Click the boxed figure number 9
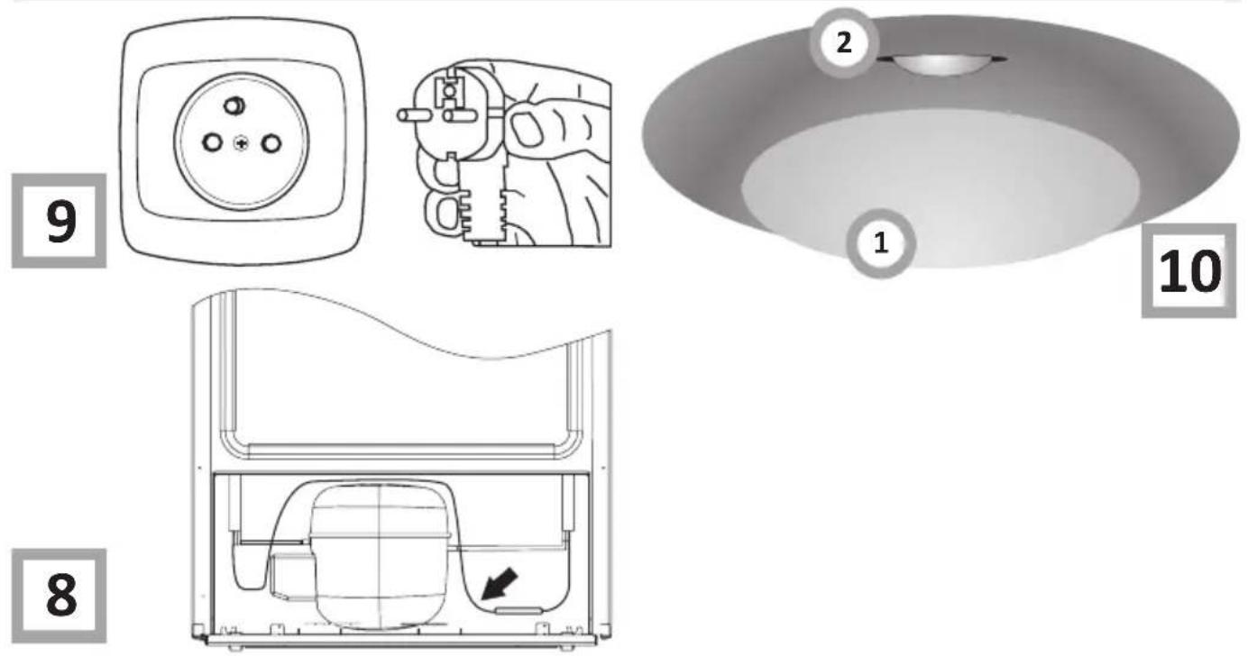pos(59,221)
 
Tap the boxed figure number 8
pos(59,596)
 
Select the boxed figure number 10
pos(1189,270)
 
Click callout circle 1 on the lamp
pos(880,243)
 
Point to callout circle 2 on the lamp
pos(843,42)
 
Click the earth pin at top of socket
pos(234,105)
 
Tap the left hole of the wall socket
pos(212,142)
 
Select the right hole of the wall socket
pos(271,143)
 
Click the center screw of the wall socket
pos(241,144)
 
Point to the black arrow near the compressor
pos(500,585)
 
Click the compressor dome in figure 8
pos(380,551)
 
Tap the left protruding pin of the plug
pos(413,116)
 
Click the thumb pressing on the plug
pos(535,125)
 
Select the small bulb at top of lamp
pos(941,64)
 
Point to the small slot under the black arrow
pos(518,611)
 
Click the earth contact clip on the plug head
pos(451,89)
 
